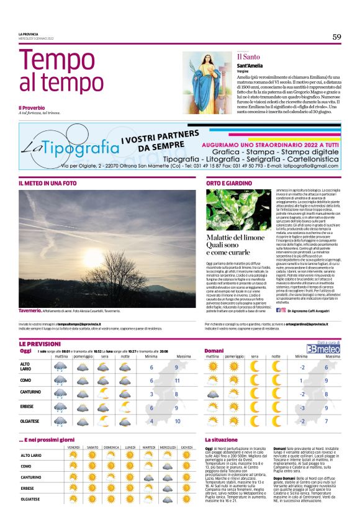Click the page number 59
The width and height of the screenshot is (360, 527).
tap(336, 37)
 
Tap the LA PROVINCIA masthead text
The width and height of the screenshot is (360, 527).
tap(29, 34)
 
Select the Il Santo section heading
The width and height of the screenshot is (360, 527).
tap(247, 57)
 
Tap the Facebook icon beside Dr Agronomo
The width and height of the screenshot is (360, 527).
tap(277, 309)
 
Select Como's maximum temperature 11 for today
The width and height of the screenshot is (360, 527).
tap(177, 380)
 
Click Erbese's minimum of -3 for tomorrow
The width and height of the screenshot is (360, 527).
tap(300, 408)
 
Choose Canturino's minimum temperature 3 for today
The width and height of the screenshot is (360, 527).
tap(151, 394)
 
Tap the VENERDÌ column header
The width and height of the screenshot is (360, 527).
tap(73, 447)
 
